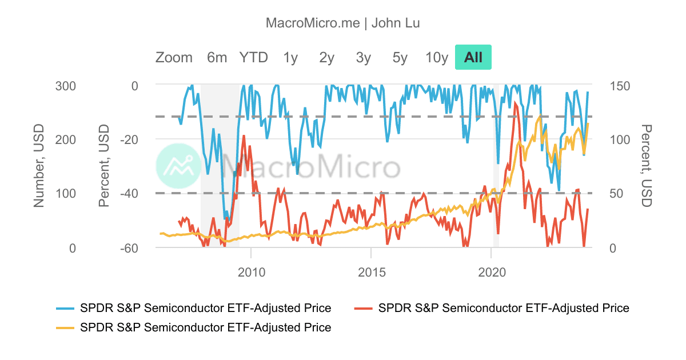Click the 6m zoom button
coord(217,57)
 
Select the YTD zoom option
coord(253,57)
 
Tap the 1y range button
coord(290,57)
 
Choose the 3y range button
coord(363,57)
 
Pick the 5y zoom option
coord(400,57)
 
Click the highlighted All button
coord(473,57)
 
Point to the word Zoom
coord(174,57)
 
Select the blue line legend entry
coord(194,308)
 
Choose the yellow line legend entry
coord(194,327)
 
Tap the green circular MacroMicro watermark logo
coord(179,166)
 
